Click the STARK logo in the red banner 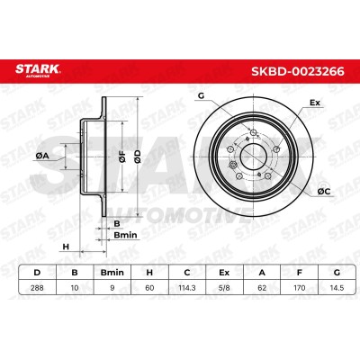click(x=38, y=70)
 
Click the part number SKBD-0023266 click(x=298, y=71)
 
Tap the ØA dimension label click(x=42, y=156)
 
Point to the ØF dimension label click(x=122, y=157)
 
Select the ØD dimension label click(x=137, y=157)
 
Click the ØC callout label click(x=323, y=192)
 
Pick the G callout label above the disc click(x=201, y=96)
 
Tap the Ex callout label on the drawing click(x=315, y=103)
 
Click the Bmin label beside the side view click(x=125, y=235)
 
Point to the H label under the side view click(x=66, y=247)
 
